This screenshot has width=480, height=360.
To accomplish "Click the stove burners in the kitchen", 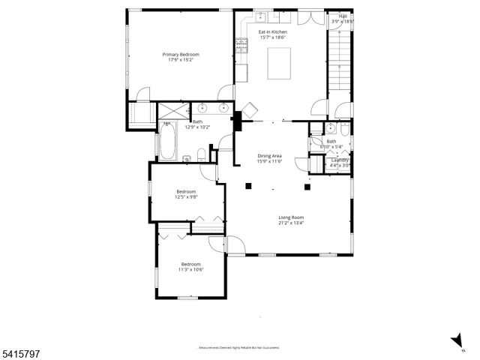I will tap(241, 46).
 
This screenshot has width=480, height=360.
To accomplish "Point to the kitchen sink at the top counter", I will tap(264, 16).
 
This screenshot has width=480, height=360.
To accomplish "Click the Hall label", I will tap(343, 16).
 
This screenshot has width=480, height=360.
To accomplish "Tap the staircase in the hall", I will tap(339, 60).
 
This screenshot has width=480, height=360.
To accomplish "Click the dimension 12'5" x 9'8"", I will tap(186, 197).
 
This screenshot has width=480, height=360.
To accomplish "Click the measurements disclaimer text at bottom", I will tap(238, 347).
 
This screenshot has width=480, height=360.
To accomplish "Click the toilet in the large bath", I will tap(202, 155).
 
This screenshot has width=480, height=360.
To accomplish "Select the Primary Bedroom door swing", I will tap(223, 93).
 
